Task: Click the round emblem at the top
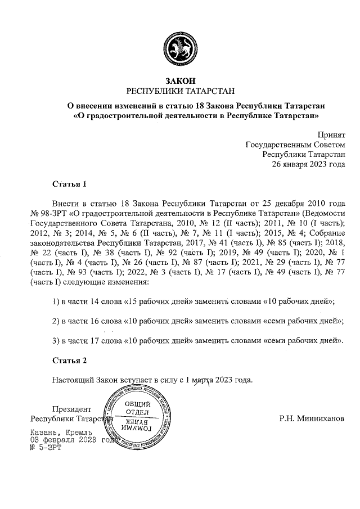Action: point(180,49)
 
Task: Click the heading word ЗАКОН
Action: point(180,81)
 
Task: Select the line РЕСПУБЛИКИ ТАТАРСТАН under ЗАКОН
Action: point(180,91)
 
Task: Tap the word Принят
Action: point(331,135)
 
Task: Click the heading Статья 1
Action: point(69,184)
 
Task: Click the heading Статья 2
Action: point(69,360)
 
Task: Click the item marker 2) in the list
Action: point(56,321)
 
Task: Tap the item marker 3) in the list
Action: point(56,340)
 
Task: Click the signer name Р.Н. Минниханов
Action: point(312,419)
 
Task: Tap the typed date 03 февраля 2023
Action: point(62,440)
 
